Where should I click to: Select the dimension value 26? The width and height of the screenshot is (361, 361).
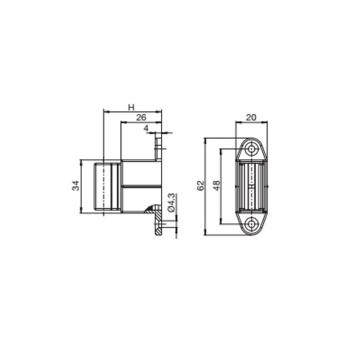coord(141,117)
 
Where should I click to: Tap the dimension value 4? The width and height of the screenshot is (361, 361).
coord(146,128)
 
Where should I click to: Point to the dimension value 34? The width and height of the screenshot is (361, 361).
coord(76,186)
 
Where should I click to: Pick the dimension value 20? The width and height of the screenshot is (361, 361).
coord(251,117)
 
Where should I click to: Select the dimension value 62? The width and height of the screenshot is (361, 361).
coord(200,185)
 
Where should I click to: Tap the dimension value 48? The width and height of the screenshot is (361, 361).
coord(216,185)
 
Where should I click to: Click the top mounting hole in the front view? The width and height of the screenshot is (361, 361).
coord(252,149)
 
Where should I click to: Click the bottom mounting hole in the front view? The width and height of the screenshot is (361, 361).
coord(252,223)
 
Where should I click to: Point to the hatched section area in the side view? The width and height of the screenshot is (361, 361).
coord(151,210)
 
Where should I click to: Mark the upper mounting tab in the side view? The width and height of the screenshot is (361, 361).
coord(160,146)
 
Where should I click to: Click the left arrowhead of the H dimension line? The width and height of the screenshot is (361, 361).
coord(106,112)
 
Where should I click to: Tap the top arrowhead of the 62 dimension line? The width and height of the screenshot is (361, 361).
coord(205,139)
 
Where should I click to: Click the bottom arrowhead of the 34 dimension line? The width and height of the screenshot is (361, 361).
coord(81,211)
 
